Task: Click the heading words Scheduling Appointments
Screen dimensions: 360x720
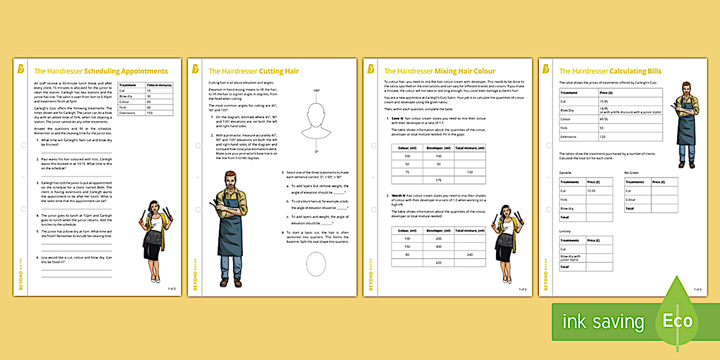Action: (x=126, y=71)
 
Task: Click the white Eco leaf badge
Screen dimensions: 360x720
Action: (x=677, y=321)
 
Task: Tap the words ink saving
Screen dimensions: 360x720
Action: (x=603, y=322)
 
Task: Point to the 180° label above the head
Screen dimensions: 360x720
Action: (x=316, y=91)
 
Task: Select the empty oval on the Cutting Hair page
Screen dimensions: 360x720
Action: (x=316, y=264)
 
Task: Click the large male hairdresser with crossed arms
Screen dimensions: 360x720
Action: (x=231, y=229)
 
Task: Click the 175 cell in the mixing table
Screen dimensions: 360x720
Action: (x=438, y=180)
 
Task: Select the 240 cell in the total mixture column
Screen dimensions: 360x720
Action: (x=470, y=254)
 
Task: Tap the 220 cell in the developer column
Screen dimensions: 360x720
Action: (x=438, y=262)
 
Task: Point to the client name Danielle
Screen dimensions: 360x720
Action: (x=566, y=173)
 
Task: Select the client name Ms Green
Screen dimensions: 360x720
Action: (x=631, y=173)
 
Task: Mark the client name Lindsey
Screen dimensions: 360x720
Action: (x=565, y=231)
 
